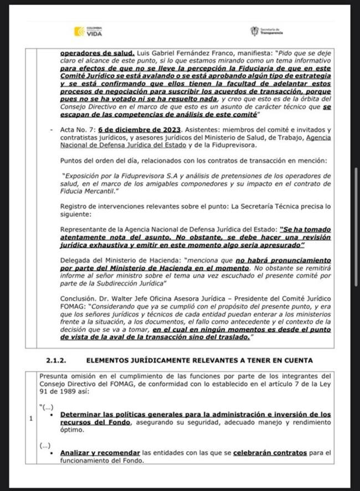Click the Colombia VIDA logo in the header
point(88,32)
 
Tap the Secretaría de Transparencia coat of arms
point(255,31)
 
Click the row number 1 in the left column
point(30,418)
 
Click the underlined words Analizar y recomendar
point(96,453)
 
